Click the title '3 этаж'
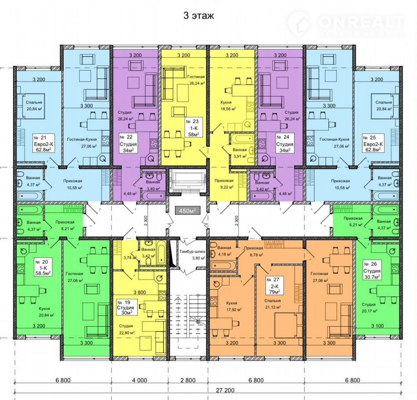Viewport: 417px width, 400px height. tap(199, 16)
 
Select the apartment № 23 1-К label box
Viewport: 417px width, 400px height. tap(194, 127)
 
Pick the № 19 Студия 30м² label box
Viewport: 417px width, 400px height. tap(127, 307)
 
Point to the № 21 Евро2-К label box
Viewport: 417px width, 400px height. tap(44, 143)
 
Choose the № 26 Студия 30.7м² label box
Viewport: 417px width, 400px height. tap(372, 270)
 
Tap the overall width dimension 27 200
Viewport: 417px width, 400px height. tap(225, 390)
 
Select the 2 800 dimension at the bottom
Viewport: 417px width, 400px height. tap(188, 380)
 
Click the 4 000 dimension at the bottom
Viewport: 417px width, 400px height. tap(140, 380)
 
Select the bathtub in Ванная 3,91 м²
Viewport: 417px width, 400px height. tap(242, 138)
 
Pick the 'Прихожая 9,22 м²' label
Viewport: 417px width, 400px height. tap(224, 184)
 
